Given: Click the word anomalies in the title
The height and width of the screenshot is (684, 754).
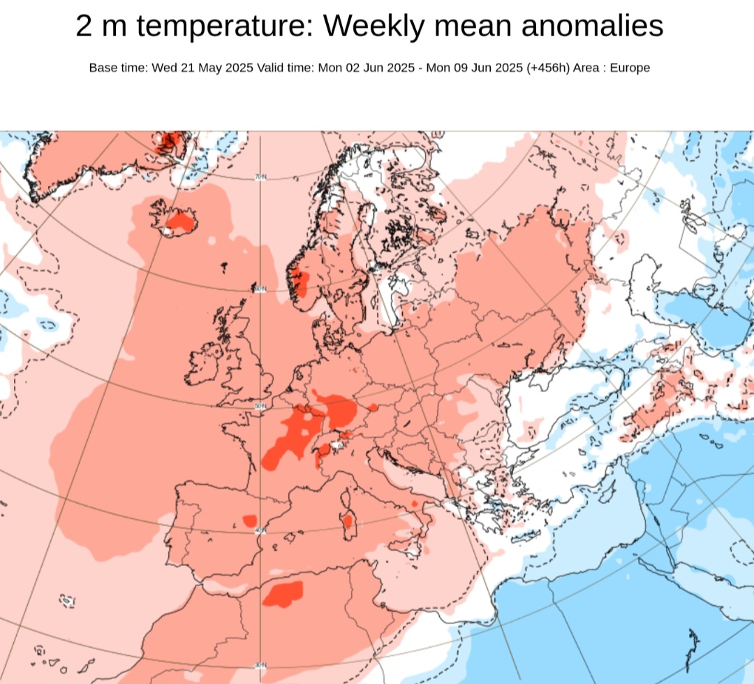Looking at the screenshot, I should (592, 27).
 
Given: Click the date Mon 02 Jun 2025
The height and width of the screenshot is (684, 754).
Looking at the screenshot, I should (366, 68).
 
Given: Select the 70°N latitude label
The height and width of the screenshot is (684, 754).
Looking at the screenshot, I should (260, 177).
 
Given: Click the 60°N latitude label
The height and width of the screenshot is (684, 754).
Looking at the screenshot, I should (260, 289).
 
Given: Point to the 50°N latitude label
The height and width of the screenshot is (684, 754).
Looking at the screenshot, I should (260, 406).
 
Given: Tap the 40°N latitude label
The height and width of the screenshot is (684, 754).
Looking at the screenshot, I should (260, 531).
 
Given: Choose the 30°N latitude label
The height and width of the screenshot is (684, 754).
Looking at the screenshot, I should (260, 664).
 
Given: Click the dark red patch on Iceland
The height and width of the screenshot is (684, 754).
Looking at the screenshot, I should (181, 223).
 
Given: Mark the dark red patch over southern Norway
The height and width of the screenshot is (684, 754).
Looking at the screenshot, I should (299, 282).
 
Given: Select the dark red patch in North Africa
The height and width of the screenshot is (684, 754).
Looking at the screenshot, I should (283, 593).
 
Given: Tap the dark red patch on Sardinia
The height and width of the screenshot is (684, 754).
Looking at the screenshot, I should (348, 521).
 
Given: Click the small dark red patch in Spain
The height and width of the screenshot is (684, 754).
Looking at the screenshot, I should (249, 520).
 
